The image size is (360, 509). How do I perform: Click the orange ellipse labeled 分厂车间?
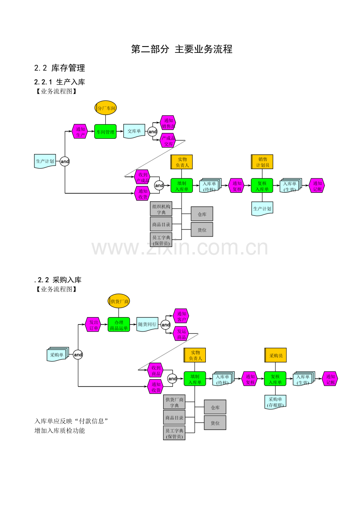(106, 108)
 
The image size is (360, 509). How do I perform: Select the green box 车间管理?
(106, 132)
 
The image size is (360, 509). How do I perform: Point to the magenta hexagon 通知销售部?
(168, 123)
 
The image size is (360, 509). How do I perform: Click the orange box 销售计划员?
(262, 162)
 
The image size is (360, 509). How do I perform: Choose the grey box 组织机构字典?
(161, 209)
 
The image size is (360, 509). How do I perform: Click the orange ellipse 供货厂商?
(119, 301)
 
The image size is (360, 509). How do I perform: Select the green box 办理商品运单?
(119, 325)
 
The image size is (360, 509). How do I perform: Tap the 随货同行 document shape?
(148, 324)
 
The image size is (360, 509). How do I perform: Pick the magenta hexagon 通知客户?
(181, 316)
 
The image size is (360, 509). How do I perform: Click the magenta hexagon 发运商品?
(181, 334)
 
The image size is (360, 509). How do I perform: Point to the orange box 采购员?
(275, 355)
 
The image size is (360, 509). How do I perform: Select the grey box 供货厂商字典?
(175, 402)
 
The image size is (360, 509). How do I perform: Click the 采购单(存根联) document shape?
(275, 402)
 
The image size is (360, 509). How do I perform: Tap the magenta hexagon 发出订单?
(93, 325)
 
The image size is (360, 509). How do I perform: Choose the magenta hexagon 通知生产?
(80, 132)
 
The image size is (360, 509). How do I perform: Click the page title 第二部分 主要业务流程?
(182, 49)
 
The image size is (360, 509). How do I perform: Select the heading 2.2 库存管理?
(59, 68)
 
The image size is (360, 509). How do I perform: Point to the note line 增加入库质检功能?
(59, 430)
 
